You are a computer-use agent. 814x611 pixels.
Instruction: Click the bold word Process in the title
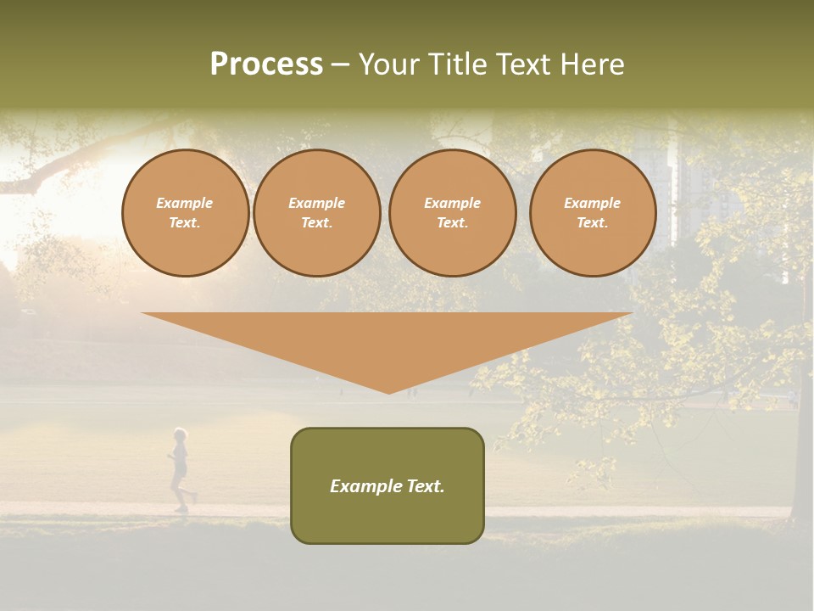266,64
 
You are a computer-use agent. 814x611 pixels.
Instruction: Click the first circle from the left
186,213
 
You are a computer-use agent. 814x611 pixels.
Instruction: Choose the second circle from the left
317,213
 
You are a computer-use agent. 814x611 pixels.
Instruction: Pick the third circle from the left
453,213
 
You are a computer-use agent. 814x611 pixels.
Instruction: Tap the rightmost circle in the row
593,213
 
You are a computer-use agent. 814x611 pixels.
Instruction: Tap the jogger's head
180,435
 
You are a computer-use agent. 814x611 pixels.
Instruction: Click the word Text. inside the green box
424,486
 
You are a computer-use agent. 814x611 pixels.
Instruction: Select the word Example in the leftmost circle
185,204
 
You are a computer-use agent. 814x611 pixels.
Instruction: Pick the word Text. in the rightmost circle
593,223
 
